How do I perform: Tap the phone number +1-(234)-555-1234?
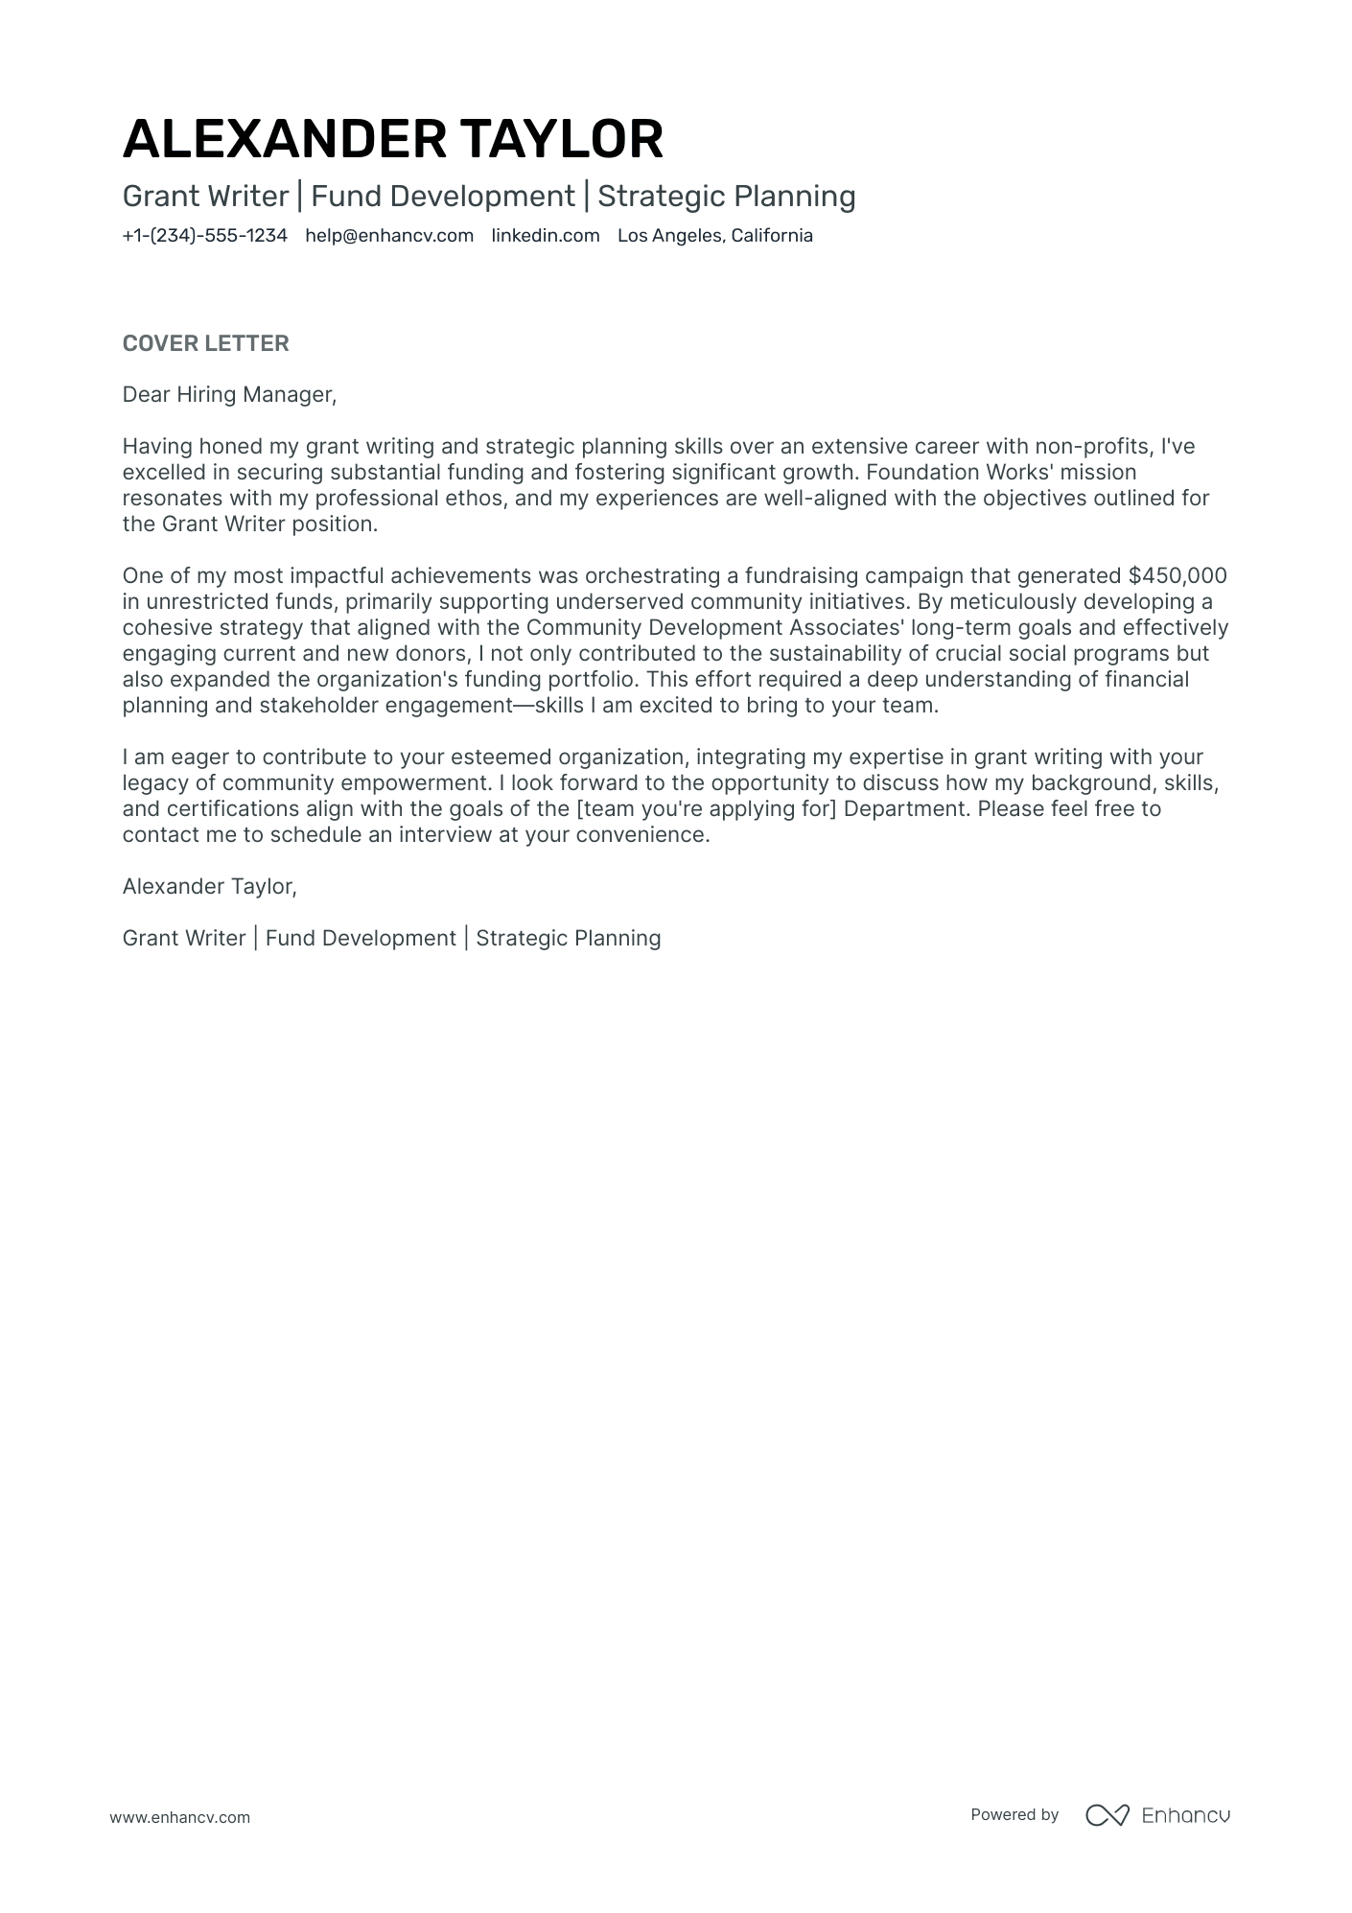tap(204, 236)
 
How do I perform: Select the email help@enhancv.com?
tap(389, 236)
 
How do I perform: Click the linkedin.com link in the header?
tap(546, 236)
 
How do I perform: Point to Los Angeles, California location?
tap(714, 236)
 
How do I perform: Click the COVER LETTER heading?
tap(205, 343)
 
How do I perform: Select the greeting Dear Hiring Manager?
tap(229, 394)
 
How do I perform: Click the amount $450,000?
tap(1177, 575)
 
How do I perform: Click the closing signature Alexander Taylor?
tap(209, 886)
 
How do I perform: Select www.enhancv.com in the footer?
tap(179, 1817)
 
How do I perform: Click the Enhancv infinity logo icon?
tap(1107, 1815)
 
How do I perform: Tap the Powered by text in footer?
tap(1014, 1814)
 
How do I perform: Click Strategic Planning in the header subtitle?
tap(726, 197)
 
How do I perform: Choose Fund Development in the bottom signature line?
tap(361, 938)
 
